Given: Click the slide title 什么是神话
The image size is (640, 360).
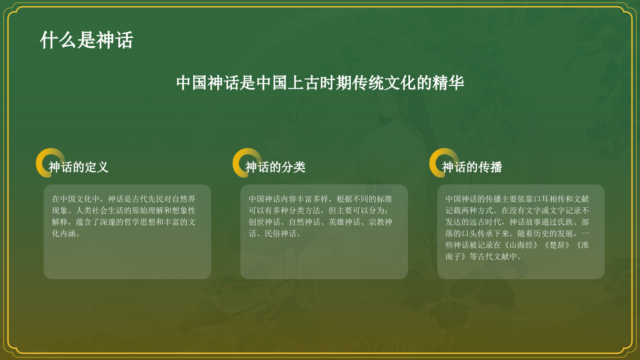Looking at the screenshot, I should point(86,40).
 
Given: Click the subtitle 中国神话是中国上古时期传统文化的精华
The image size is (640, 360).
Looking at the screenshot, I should point(320,83).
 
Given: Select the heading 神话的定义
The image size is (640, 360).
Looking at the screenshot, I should point(78,167).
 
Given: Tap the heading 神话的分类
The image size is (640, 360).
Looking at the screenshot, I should point(275,167).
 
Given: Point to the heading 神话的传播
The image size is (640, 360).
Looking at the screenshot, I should point(472,167).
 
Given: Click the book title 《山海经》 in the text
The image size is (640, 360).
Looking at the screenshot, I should point(521,245).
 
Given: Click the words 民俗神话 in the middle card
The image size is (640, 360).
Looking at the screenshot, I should point(280,234).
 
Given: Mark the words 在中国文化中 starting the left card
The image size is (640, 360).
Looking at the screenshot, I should point(76,199).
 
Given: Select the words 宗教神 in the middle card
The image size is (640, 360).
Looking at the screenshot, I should point(380,222).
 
